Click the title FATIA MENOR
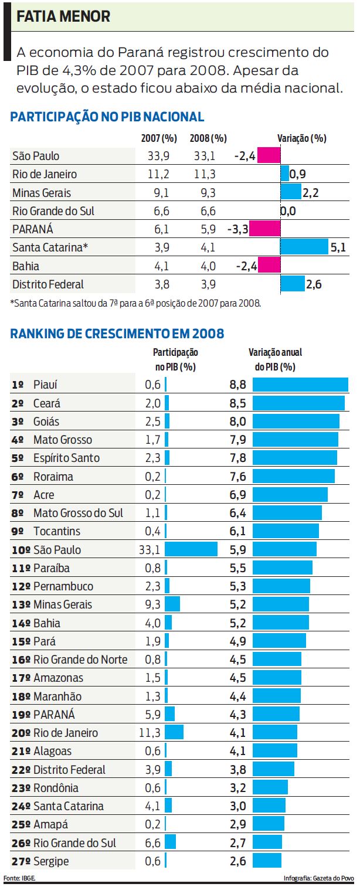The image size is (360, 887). (63, 17)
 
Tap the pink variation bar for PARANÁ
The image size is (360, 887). (265, 229)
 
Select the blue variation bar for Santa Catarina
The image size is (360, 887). (304, 247)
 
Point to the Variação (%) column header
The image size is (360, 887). (301, 138)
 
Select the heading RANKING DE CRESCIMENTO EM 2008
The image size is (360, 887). (117, 334)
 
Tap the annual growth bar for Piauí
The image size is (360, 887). (300, 385)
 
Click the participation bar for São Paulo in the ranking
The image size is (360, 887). (191, 549)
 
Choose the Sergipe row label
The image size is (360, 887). (51, 861)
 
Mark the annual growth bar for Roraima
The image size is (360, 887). (293, 476)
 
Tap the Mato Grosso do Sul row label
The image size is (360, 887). (78, 513)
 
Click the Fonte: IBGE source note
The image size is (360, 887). (20, 878)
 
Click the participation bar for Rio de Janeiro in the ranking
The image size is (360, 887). (174, 733)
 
